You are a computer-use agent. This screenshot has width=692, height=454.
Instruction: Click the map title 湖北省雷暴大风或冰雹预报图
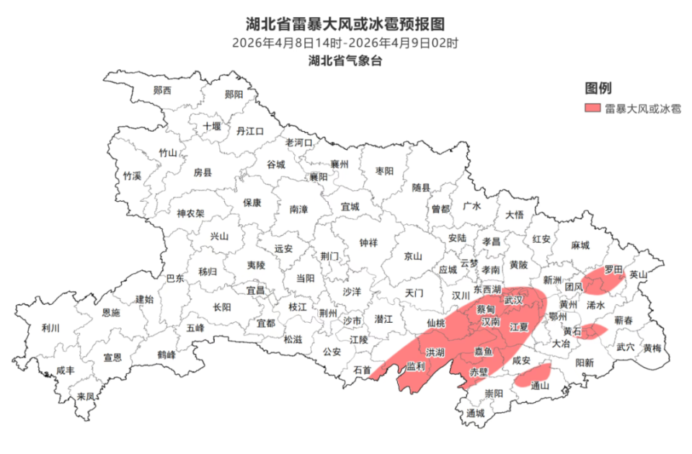click(345, 25)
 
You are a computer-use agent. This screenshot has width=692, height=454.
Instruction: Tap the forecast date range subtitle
click(345, 43)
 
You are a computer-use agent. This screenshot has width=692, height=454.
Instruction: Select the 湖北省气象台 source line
click(345, 61)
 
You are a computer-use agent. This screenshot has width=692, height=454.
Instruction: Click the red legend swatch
click(593, 109)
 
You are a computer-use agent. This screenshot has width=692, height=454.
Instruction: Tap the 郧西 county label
click(163, 91)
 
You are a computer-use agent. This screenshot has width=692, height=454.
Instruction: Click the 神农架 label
click(191, 213)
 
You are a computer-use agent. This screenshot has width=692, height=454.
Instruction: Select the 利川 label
click(50, 328)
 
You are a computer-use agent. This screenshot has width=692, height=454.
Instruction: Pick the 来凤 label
click(87, 396)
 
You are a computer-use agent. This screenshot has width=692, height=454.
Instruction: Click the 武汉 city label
click(513, 300)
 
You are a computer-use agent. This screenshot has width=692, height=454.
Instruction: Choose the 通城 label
click(476, 414)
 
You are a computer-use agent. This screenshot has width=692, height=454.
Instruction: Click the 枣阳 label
click(385, 172)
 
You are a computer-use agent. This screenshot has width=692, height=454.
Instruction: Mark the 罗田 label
click(613, 270)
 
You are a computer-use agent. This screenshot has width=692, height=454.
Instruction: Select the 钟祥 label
click(368, 243)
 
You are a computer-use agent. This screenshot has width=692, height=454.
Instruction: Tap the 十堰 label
click(211, 126)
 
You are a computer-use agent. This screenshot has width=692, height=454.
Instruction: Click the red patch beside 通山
click(534, 372)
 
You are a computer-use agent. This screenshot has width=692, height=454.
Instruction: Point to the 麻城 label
click(580, 244)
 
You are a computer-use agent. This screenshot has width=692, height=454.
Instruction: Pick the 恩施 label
click(110, 313)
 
